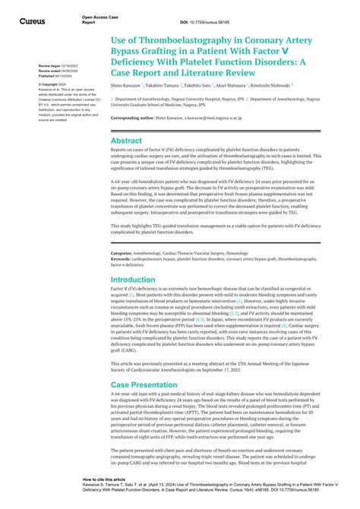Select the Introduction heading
pos(134,258)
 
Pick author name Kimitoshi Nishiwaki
pos(263,85)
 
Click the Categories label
pos(122,231)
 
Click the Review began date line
pos(56,66)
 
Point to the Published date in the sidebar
pos(55,75)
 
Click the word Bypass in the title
pos(131,50)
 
